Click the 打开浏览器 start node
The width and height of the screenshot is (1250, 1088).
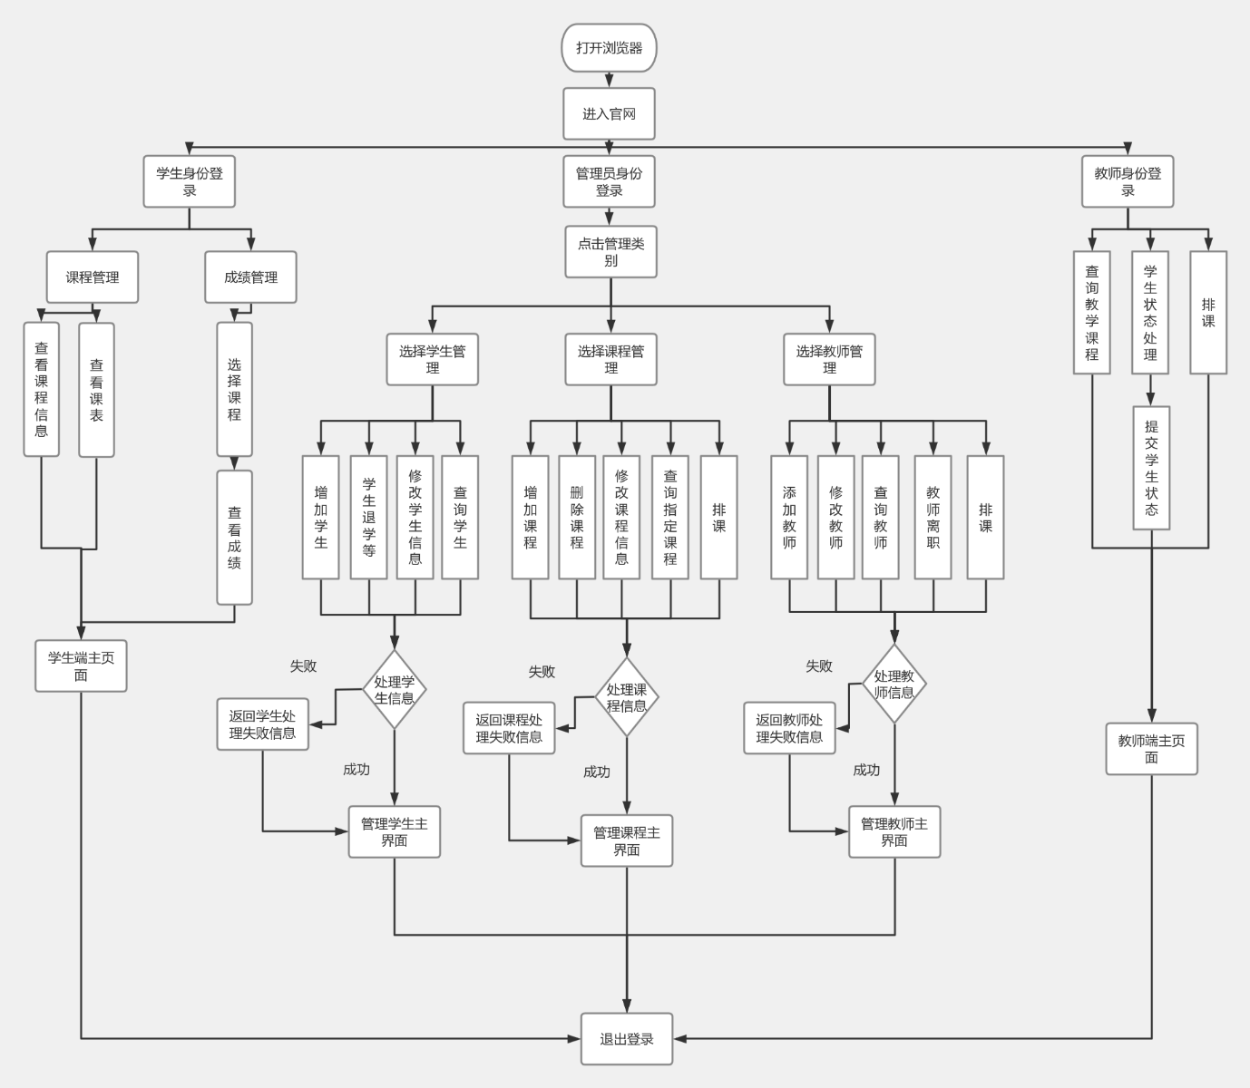tap(609, 48)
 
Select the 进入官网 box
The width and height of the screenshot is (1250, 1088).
tap(609, 114)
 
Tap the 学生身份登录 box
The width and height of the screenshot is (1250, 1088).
tap(189, 181)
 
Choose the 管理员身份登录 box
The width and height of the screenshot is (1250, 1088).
tap(609, 181)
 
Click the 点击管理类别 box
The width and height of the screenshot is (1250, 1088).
tap(610, 251)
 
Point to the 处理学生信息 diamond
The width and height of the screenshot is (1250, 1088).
tap(395, 690)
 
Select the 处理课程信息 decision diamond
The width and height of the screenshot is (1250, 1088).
tap(626, 697)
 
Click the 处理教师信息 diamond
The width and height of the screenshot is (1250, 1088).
tap(894, 685)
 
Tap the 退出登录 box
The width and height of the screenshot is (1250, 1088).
tap(626, 1039)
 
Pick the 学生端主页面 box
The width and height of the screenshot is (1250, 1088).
tap(81, 666)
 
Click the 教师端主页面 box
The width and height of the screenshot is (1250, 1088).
tap(1151, 749)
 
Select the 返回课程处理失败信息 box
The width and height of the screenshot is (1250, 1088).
tap(509, 728)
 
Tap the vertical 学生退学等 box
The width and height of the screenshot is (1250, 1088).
tap(369, 517)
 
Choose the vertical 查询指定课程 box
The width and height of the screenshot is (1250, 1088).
tap(670, 517)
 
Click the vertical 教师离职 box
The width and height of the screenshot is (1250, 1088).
tap(933, 517)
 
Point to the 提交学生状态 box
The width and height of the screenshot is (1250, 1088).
tap(1151, 468)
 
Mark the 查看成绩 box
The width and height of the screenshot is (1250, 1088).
tap(234, 537)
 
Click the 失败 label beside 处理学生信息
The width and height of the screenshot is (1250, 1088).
tap(303, 666)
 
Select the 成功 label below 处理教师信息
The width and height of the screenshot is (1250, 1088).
tap(866, 770)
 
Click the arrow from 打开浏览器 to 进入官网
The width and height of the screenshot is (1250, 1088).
tap(609, 80)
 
